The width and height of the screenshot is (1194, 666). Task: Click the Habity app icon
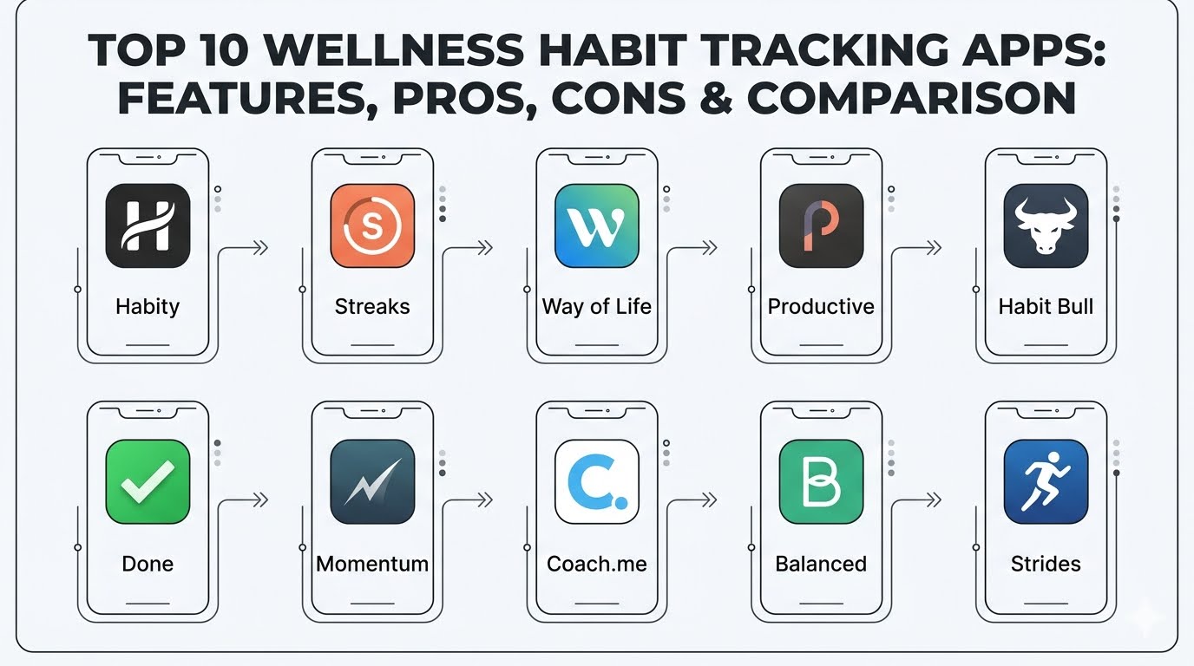pyautogui.click(x=148, y=226)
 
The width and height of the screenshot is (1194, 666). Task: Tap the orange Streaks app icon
pyautogui.click(x=372, y=226)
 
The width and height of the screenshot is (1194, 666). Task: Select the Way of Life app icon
pyautogui.click(x=596, y=226)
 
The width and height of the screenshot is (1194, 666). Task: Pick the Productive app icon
pyautogui.click(x=821, y=226)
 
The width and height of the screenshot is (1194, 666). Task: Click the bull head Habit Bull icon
pyautogui.click(x=1046, y=226)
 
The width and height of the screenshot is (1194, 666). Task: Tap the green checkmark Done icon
pyautogui.click(x=148, y=481)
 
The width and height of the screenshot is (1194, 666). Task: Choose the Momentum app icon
pyautogui.click(x=372, y=481)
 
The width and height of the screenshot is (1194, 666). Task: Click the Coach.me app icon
pyautogui.click(x=596, y=481)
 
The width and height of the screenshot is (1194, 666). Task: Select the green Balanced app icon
pyautogui.click(x=821, y=481)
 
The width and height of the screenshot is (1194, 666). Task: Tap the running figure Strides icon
pyautogui.click(x=1046, y=481)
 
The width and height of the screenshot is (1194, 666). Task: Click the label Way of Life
pyautogui.click(x=596, y=307)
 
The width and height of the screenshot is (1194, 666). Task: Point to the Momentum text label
pyautogui.click(x=372, y=564)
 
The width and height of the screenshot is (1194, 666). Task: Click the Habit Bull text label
pyautogui.click(x=1046, y=306)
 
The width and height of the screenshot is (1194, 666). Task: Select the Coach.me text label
pyautogui.click(x=596, y=564)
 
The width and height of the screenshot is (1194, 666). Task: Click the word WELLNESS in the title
pyautogui.click(x=395, y=50)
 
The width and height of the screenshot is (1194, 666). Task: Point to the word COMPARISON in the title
pyautogui.click(x=911, y=98)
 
